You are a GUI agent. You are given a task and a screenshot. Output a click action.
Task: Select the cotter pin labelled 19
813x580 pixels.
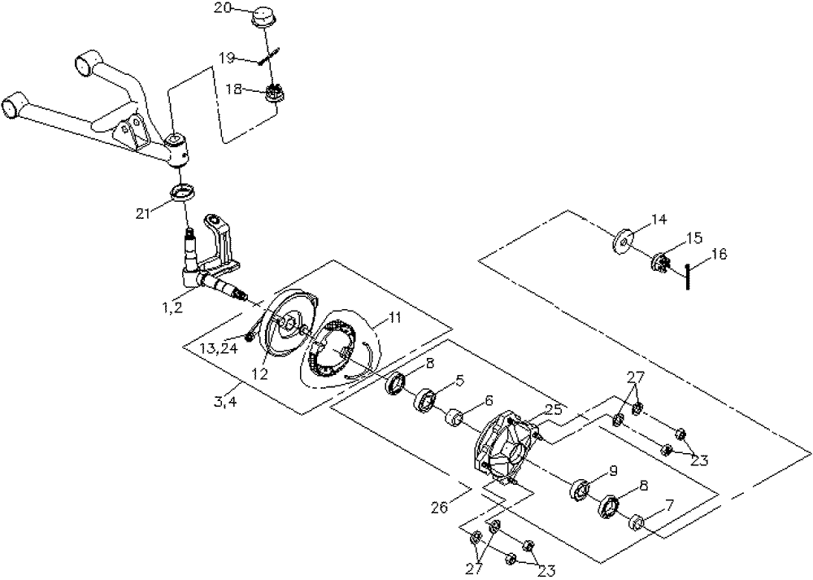269,55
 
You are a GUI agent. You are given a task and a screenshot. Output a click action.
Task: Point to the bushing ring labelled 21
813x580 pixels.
182,193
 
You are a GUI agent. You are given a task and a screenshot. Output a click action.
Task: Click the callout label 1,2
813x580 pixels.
171,307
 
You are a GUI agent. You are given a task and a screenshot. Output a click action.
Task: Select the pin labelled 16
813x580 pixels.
688,277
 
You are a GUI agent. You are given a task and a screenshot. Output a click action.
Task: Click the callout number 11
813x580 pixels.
395,317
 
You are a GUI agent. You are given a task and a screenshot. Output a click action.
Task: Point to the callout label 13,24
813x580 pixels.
218,349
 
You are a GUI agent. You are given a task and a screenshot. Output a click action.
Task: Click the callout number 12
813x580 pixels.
260,373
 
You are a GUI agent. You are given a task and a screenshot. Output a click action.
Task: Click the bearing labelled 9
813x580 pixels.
580,491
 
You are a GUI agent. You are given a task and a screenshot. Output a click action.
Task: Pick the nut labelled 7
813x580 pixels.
637,522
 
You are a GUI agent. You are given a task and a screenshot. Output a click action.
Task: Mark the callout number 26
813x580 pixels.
440,507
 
